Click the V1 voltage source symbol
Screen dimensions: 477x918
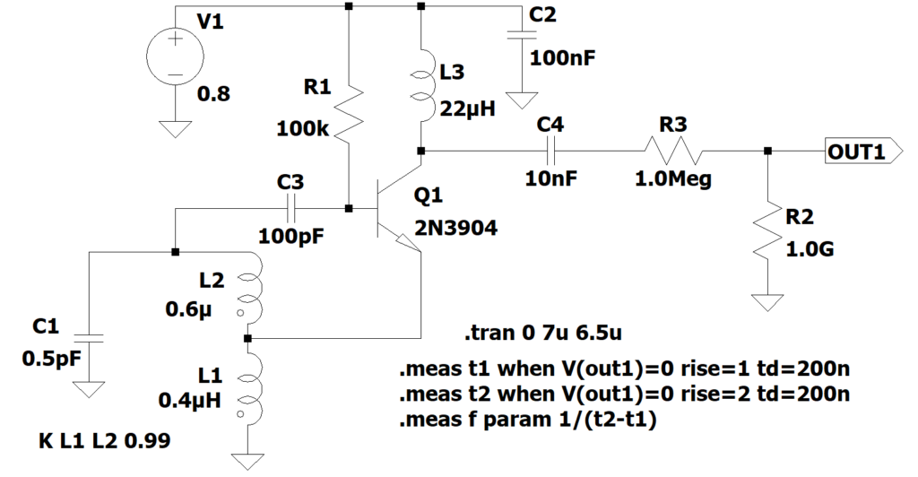173,56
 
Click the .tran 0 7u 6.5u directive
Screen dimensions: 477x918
544,334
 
